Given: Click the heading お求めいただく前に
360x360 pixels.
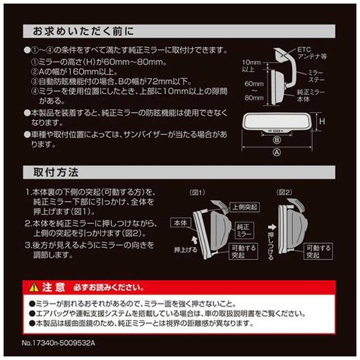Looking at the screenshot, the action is click(83, 31).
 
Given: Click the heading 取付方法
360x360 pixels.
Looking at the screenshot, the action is click(56, 172).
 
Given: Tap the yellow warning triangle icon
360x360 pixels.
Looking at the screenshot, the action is click(34, 287).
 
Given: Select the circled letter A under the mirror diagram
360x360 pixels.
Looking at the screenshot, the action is click(277, 152).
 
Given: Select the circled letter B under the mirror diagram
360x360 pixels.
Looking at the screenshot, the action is click(277, 140).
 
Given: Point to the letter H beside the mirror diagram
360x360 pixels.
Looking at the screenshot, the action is click(322, 121).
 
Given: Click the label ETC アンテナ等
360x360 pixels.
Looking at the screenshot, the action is click(312, 53).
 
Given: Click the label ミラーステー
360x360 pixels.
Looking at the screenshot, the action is click(316, 76).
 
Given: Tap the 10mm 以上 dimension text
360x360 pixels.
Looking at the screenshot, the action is click(251, 65).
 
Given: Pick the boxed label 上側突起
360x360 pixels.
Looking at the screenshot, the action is click(245, 207).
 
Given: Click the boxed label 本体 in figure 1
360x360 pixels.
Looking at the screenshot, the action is click(181, 223).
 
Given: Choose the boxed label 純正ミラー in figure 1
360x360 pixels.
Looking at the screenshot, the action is click(244, 230).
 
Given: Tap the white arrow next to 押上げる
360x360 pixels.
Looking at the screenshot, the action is click(194, 241).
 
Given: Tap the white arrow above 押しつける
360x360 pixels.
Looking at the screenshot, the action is click(272, 227).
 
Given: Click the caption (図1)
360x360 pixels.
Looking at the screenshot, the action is click(197, 193).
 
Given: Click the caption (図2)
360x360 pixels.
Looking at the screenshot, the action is click(284, 193).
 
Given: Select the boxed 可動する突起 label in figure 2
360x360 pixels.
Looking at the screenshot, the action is click(318, 251).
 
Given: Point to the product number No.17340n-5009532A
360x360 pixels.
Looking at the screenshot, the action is click(58, 343).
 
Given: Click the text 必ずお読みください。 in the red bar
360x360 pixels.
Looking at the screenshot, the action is click(109, 287).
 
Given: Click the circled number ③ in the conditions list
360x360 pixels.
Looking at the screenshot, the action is click(34, 82).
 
